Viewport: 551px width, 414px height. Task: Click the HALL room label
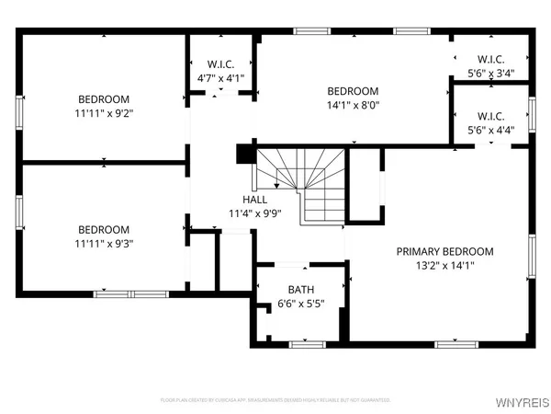pyautogui.click(x=255, y=199)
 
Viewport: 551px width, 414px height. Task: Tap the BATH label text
pyautogui.click(x=300, y=289)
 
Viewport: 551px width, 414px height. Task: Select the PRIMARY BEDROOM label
pyautogui.click(x=444, y=251)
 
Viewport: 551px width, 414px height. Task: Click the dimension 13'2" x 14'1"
pyautogui.click(x=444, y=265)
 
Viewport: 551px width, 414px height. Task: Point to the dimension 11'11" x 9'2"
pyautogui.click(x=104, y=113)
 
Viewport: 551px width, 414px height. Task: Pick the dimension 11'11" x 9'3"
pyautogui.click(x=104, y=244)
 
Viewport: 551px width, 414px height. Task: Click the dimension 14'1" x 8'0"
pyautogui.click(x=354, y=105)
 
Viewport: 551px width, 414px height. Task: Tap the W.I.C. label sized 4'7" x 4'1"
pyautogui.click(x=221, y=64)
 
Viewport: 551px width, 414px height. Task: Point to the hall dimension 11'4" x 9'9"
pyautogui.click(x=255, y=213)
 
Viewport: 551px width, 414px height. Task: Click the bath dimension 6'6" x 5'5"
pyautogui.click(x=300, y=303)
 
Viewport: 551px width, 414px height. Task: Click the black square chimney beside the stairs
pyautogui.click(x=244, y=154)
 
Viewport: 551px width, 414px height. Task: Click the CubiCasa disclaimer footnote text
pyautogui.click(x=275, y=400)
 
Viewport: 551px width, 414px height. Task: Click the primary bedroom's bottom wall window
pyautogui.click(x=456, y=344)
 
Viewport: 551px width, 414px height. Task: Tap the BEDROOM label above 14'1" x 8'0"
pyautogui.click(x=354, y=91)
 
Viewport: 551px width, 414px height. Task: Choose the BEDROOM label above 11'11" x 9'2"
pyautogui.click(x=104, y=99)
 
